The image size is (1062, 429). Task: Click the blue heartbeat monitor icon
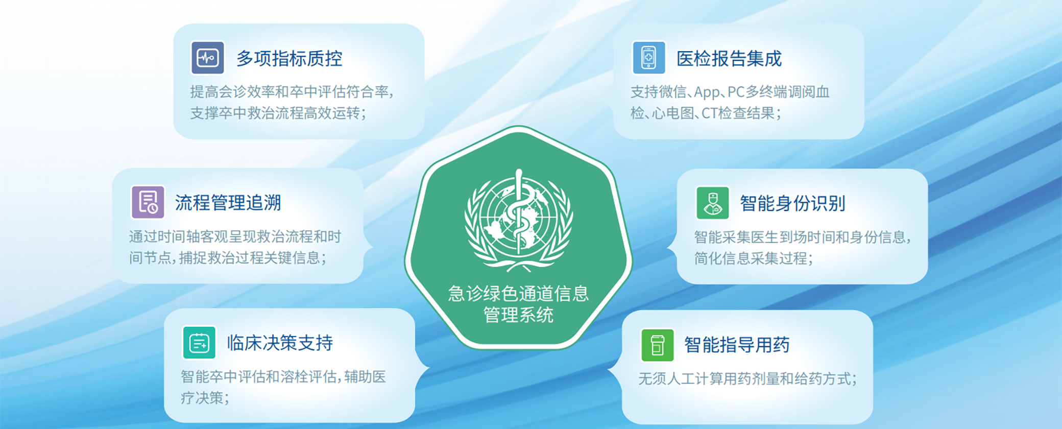pyautogui.click(x=208, y=58)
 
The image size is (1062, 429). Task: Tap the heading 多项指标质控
pyautogui.click(x=289, y=59)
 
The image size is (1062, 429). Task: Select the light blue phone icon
pyautogui.click(x=648, y=58)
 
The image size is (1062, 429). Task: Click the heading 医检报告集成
pyautogui.click(x=729, y=59)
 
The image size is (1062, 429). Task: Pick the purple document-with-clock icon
pyautogui.click(x=148, y=202)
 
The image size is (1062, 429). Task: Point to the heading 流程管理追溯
pyautogui.click(x=228, y=203)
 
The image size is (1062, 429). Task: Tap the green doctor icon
pyautogui.click(x=713, y=203)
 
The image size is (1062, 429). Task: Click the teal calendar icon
pyautogui.click(x=199, y=343)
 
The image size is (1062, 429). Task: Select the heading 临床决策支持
pyautogui.click(x=280, y=343)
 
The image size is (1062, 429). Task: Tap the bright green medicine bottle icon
pyautogui.click(x=658, y=345)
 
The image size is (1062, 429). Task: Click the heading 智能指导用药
pyautogui.click(x=737, y=345)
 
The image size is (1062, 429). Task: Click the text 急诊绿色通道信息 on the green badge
pyautogui.click(x=519, y=294)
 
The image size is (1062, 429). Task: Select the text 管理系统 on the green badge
pyautogui.click(x=519, y=315)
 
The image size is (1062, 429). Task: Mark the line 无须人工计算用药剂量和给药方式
pyautogui.click(x=747, y=379)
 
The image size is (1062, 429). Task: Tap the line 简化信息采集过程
pyautogui.click(x=754, y=258)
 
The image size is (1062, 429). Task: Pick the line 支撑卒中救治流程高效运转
pyautogui.click(x=278, y=113)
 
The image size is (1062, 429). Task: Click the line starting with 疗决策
pyautogui.click(x=205, y=398)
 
